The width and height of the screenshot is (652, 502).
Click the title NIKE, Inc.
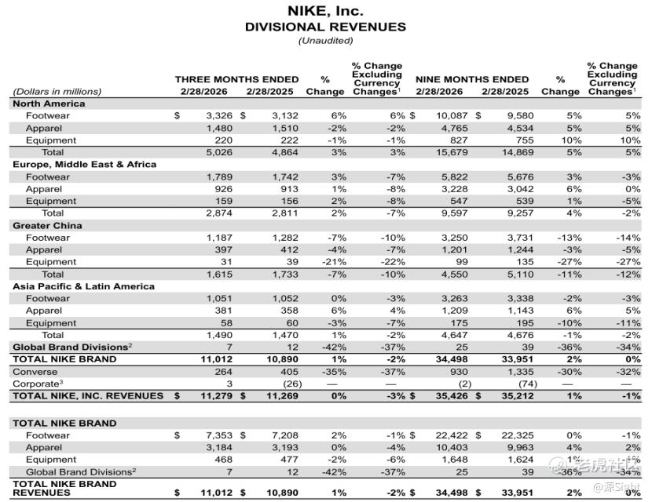(325, 11)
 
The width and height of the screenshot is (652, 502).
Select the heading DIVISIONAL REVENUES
(325, 27)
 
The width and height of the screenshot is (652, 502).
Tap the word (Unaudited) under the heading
(325, 41)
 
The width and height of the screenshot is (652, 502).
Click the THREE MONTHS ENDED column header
(236, 79)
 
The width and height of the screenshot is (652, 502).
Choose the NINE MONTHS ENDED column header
(472, 79)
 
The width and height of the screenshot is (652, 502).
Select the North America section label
(49, 104)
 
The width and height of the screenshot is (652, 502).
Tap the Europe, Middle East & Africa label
(84, 165)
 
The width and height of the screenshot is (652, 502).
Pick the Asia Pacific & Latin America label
(83, 286)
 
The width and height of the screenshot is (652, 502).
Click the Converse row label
(35, 372)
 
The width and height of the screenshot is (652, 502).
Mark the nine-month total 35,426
(451, 396)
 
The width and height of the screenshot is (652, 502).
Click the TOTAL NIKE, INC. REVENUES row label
(88, 396)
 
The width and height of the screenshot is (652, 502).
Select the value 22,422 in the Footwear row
(451, 435)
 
